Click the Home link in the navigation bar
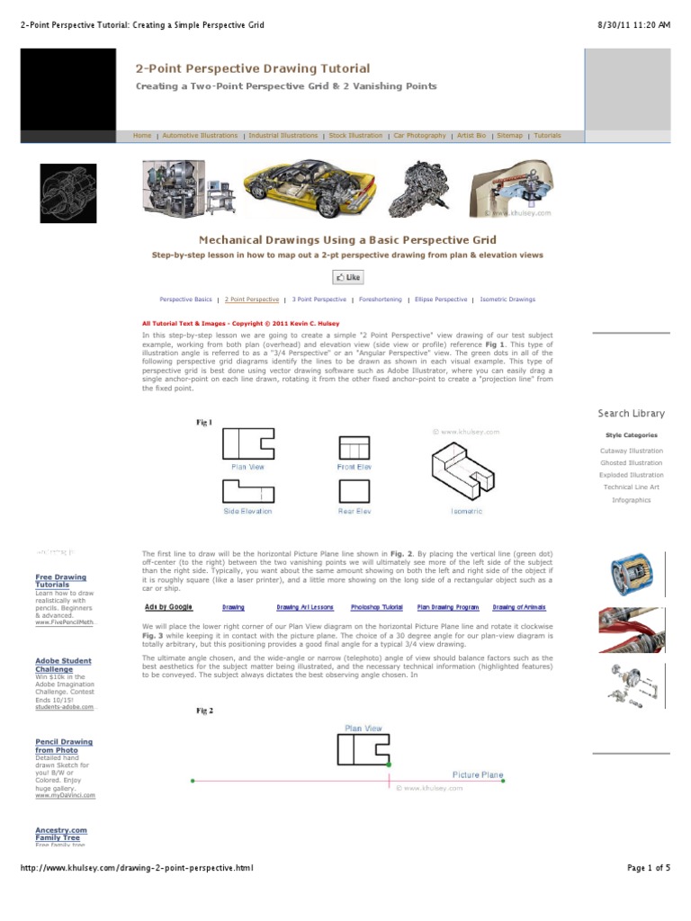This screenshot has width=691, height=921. pyautogui.click(x=142, y=136)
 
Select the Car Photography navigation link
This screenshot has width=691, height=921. pyautogui.click(x=419, y=136)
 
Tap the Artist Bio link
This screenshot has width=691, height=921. pyautogui.click(x=471, y=136)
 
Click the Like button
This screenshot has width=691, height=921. pyautogui.click(x=347, y=278)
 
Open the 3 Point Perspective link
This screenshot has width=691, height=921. pyautogui.click(x=319, y=300)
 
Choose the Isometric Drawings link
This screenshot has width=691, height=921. pyautogui.click(x=507, y=300)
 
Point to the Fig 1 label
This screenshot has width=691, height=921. pyautogui.click(x=204, y=422)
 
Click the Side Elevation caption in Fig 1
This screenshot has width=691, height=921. pyautogui.click(x=247, y=511)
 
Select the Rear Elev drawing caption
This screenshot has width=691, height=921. pyautogui.click(x=354, y=511)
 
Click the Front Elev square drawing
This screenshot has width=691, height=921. pyautogui.click(x=354, y=447)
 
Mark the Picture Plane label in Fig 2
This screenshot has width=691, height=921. pyautogui.click(x=477, y=774)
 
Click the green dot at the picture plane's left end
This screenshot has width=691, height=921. pyautogui.click(x=193, y=781)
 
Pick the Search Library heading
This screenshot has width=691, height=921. pyautogui.click(x=631, y=414)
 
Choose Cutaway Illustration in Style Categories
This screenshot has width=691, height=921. pyautogui.click(x=631, y=451)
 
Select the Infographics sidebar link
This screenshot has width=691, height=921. pyautogui.click(x=631, y=499)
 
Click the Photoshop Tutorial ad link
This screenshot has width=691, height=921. pyautogui.click(x=377, y=607)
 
